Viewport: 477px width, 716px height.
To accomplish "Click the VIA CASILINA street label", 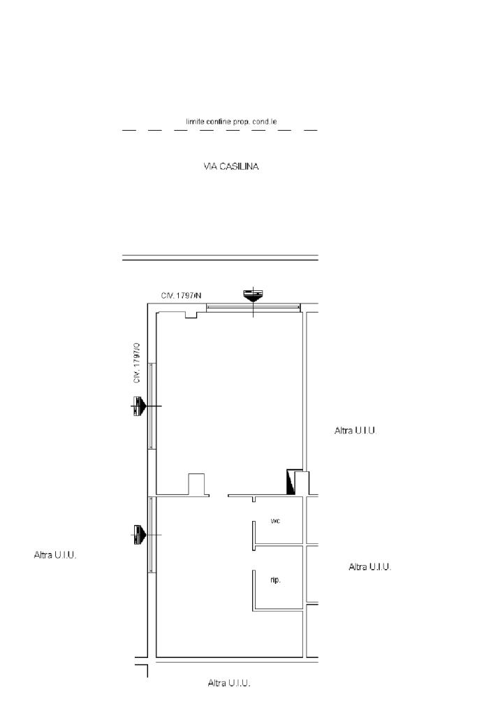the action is click(x=230, y=166).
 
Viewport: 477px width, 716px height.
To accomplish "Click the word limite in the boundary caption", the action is click(x=195, y=122).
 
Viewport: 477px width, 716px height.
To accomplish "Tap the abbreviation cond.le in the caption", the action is click(x=265, y=122).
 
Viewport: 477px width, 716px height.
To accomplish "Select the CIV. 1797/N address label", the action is click(x=181, y=296).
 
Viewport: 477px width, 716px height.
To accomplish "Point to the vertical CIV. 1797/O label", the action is click(x=137, y=363).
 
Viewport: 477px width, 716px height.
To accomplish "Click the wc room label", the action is click(x=275, y=521).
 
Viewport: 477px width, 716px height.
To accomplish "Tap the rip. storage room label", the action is click(x=275, y=580).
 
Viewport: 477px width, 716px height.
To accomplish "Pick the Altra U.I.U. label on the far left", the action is click(x=55, y=554).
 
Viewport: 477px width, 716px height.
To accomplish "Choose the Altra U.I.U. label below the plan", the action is click(x=229, y=683).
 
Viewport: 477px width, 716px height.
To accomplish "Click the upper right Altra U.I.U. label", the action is click(x=355, y=430).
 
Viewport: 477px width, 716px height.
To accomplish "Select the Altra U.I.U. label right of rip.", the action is click(x=370, y=566).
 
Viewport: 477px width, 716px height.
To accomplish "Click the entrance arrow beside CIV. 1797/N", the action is click(x=253, y=295).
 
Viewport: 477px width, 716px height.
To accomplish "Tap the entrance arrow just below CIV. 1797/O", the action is click(x=139, y=406).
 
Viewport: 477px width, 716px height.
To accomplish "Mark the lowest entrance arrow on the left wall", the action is click(x=139, y=534).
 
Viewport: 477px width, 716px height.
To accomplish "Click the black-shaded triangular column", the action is click(x=291, y=482).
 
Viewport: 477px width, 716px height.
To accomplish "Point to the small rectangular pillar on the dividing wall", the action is click(x=196, y=484).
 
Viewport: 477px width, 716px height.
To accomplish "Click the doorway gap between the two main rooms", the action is click(x=219, y=496).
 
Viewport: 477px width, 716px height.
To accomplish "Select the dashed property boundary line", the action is click(x=220, y=130).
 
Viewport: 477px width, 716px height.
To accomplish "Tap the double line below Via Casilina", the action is click(x=220, y=257).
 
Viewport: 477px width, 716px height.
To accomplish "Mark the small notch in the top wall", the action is click(x=191, y=315).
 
